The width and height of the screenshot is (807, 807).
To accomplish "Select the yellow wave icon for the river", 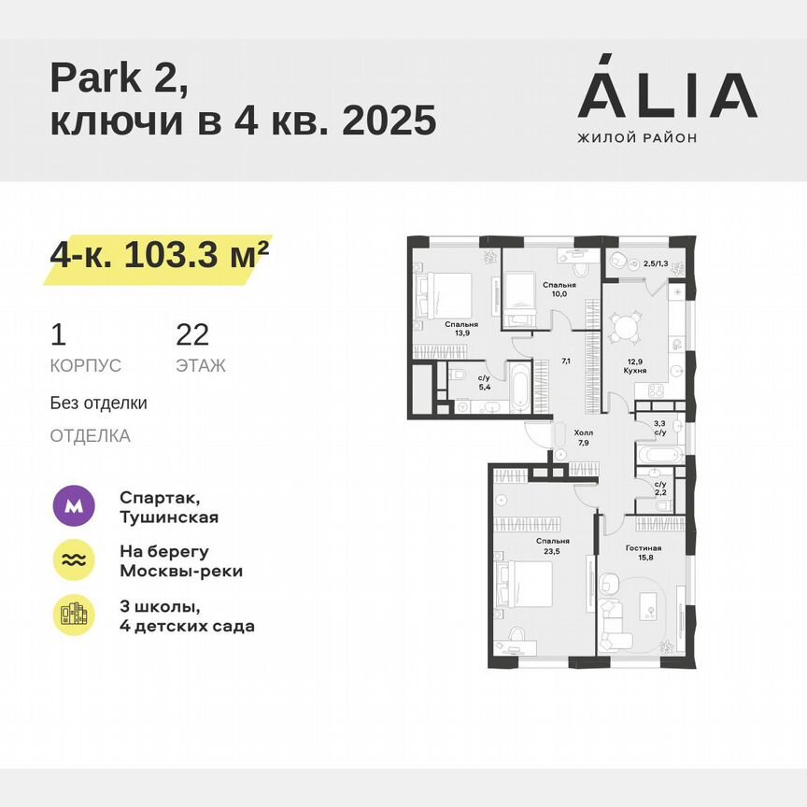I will pyautogui.click(x=76, y=560).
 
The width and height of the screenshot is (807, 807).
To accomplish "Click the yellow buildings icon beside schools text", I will pyautogui.click(x=76, y=615).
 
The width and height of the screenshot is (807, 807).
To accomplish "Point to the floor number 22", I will pyautogui.click(x=192, y=334).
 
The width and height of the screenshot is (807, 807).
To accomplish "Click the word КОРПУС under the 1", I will pyautogui.click(x=85, y=366).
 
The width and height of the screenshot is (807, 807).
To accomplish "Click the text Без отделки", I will pyautogui.click(x=98, y=403).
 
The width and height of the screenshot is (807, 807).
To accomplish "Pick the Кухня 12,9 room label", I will pyautogui.click(x=636, y=365).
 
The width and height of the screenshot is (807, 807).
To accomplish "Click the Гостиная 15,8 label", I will pyautogui.click(x=644, y=554).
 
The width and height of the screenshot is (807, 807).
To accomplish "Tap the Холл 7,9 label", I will pyautogui.click(x=583, y=437).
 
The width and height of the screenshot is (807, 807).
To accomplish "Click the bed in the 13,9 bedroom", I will pyautogui.click(x=446, y=292).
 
